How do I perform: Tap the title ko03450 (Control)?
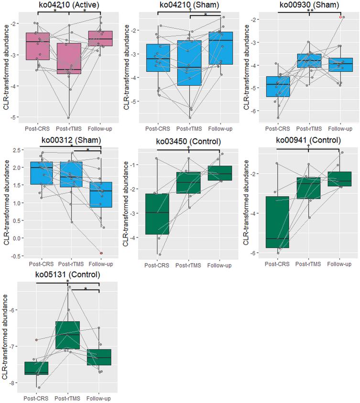(189, 141)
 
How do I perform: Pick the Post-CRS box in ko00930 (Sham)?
(278, 87)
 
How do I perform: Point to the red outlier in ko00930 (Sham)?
(340, 17)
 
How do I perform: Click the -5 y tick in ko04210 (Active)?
(17, 117)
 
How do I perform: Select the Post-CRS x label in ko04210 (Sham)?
(158, 129)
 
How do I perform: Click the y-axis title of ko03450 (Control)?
(126, 203)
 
